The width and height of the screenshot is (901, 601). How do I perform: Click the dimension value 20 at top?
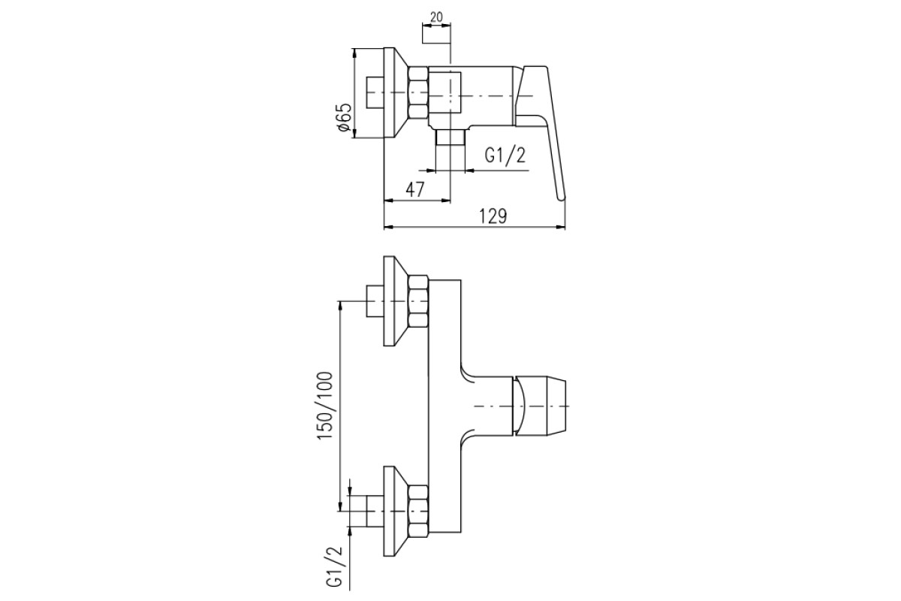click(x=436, y=17)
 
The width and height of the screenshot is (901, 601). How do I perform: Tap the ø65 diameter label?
click(x=345, y=117)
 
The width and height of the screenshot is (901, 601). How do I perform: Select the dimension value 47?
click(x=414, y=189)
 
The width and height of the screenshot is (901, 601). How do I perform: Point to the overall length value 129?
click(x=493, y=216)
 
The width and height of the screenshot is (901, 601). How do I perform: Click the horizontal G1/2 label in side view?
click(x=505, y=156)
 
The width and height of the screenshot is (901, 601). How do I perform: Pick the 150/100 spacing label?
click(x=325, y=406)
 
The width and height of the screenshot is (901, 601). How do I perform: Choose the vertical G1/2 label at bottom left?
click(x=335, y=567)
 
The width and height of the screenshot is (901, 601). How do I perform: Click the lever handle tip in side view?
click(x=561, y=198)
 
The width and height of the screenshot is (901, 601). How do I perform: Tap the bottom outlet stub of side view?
click(x=450, y=137)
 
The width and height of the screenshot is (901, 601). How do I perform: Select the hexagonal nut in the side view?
click(x=418, y=93)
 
